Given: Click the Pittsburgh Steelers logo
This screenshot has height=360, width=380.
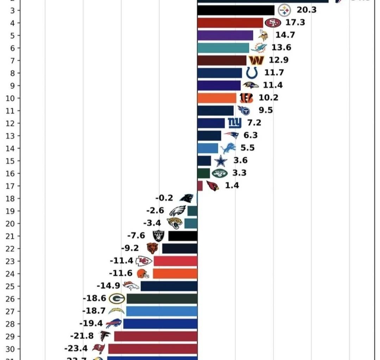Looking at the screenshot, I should click(x=284, y=11).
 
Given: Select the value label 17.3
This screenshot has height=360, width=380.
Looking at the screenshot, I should click(x=295, y=22).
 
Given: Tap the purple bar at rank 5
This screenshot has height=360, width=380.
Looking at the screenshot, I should click(x=225, y=35).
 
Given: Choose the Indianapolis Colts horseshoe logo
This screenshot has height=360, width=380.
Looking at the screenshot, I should click(x=252, y=73).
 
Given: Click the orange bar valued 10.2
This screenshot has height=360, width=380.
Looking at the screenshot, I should click(x=217, y=98).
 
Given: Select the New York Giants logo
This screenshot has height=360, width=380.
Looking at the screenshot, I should click(x=235, y=123).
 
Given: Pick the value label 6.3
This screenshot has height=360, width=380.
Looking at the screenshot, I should click(x=251, y=135).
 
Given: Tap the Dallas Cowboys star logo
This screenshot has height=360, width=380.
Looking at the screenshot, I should click(x=221, y=161).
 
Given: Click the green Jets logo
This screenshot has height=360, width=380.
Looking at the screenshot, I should click(x=220, y=173).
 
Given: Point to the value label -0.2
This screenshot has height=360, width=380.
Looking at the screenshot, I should click(x=164, y=198).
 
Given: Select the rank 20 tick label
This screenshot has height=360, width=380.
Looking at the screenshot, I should click(x=11, y=223).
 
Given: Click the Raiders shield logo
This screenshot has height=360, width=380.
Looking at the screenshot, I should click(x=158, y=236).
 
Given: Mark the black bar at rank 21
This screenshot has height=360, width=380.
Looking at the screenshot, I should click(x=183, y=236).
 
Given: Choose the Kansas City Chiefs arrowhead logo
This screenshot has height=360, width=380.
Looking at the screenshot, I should click(x=144, y=261).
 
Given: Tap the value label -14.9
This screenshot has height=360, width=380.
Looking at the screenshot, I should click(x=108, y=285).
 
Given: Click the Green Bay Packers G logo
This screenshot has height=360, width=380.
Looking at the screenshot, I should click(x=117, y=298).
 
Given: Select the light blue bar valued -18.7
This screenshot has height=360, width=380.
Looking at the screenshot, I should click(x=161, y=311).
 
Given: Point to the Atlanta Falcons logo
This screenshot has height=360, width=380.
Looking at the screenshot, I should click(x=105, y=336).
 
